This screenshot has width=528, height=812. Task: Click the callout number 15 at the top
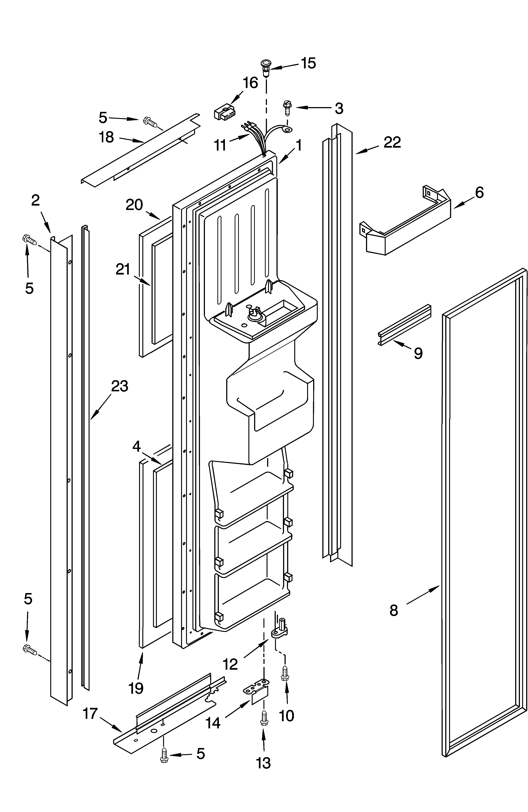coord(308,63)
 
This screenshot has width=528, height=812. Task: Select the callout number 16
coord(250,83)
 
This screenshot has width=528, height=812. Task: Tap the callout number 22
coord(392,142)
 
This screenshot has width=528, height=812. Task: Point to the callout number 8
coord(394,610)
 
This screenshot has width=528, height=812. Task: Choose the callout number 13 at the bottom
coord(263,763)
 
